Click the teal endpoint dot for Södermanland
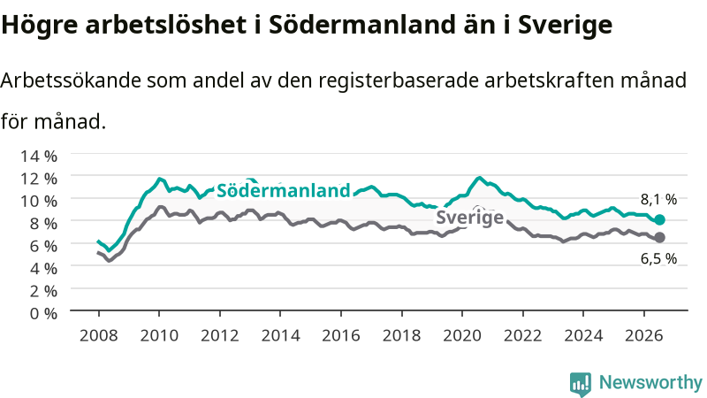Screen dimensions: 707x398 point(659,219)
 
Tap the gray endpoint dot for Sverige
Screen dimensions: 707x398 point(659,237)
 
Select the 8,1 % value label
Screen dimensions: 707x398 point(658,200)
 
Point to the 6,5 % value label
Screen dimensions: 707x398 point(658,258)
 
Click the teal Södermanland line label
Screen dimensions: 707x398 point(283,190)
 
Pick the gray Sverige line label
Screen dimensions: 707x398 point(469,217)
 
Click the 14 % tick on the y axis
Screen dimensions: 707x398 point(39,157)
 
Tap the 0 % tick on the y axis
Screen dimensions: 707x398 point(43,313)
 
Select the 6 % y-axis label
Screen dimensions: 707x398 point(43,246)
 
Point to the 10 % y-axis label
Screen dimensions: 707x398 point(39,201)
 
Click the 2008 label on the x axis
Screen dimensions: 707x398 point(98,336)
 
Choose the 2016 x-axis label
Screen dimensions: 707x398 point(341,336)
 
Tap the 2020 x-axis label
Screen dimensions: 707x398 point(462,336)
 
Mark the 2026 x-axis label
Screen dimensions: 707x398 point(644,336)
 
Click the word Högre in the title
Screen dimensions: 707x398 point(40,26)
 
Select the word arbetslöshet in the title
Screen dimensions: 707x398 point(166,25)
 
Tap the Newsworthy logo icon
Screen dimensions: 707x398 point(581,384)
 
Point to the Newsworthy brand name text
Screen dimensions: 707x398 point(650,383)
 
